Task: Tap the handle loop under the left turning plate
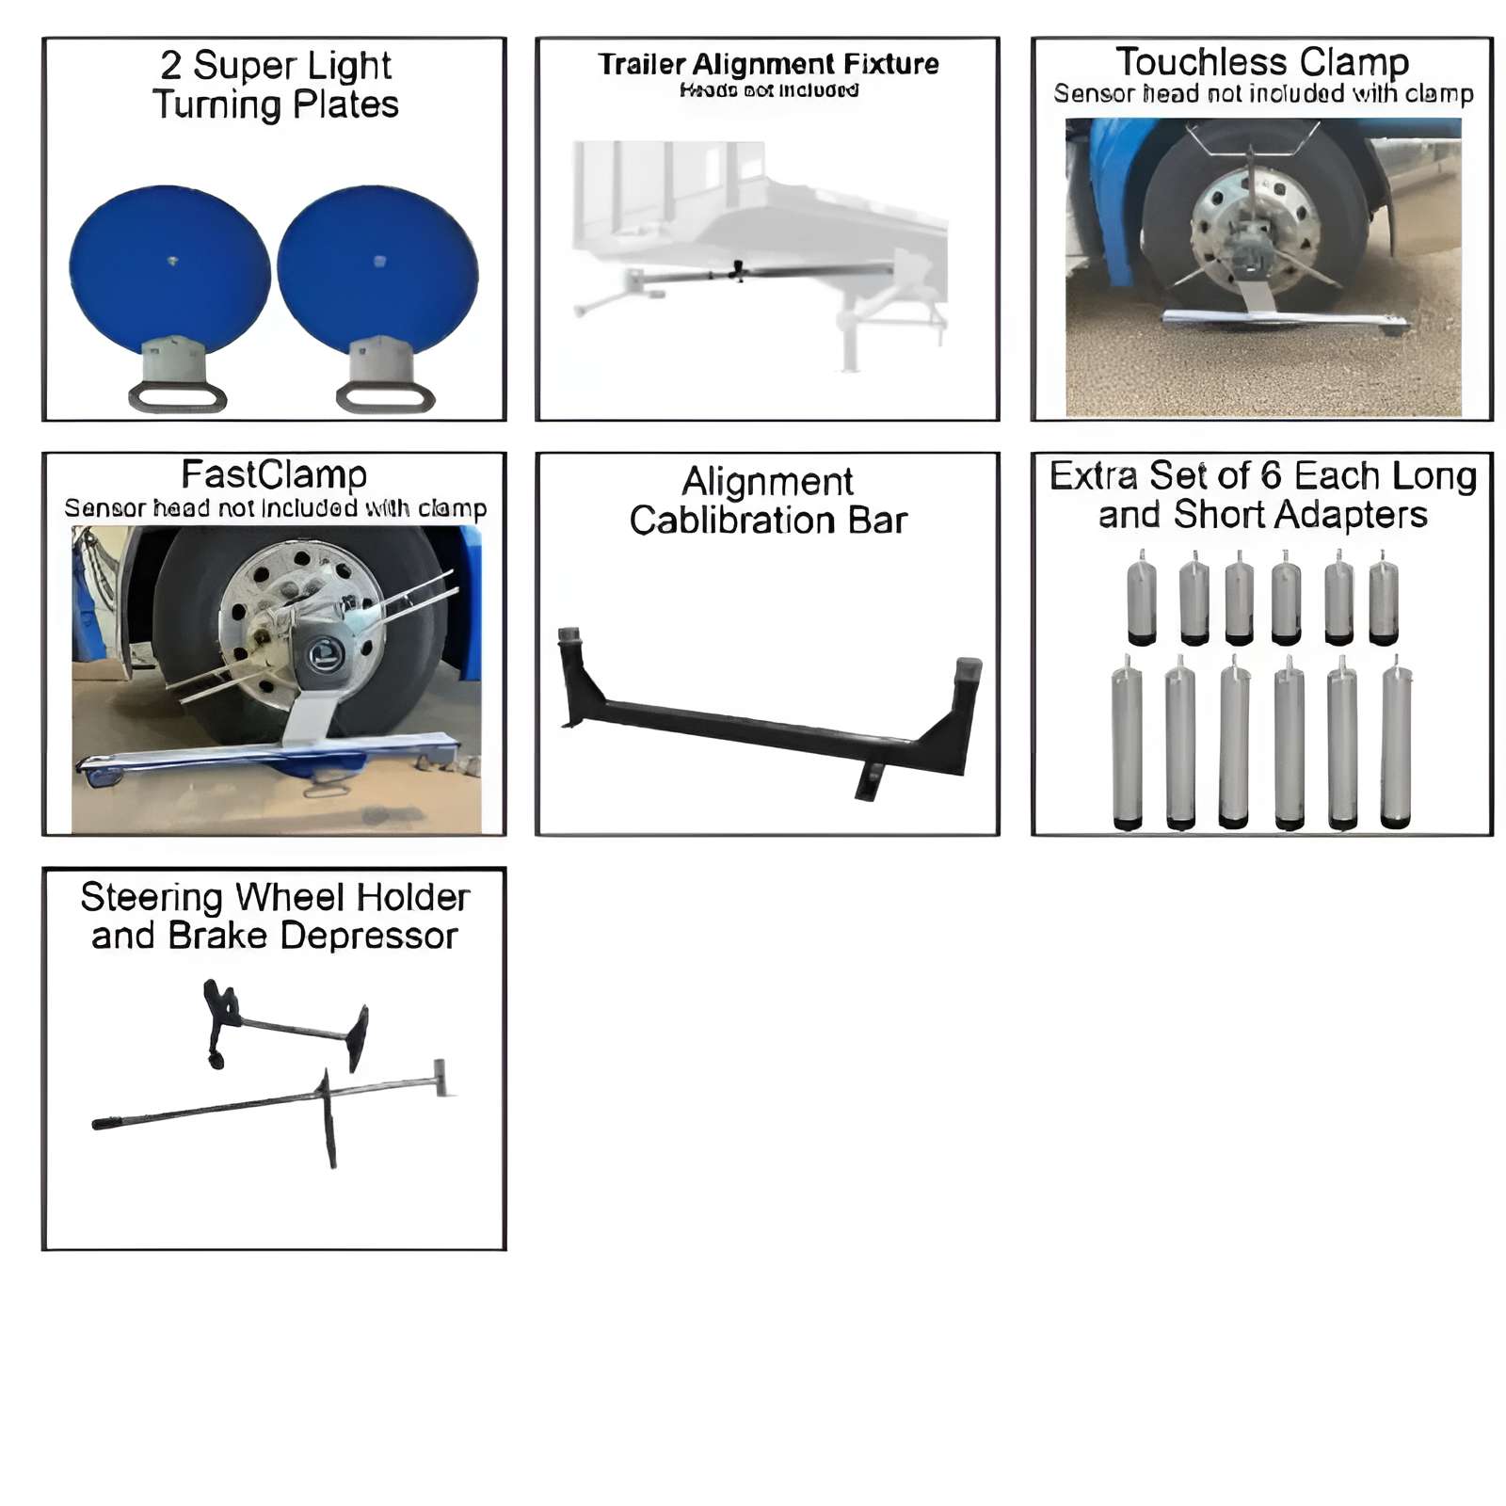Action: coord(177,396)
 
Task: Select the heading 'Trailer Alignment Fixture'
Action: coord(768,64)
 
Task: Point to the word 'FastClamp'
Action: coord(274,475)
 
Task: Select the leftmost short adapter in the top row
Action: coord(1142,601)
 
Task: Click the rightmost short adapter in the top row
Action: coord(1383,601)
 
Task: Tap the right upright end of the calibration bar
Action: coord(967,687)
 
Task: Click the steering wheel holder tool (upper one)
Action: coord(282,1026)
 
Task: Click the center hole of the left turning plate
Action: coord(172,261)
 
